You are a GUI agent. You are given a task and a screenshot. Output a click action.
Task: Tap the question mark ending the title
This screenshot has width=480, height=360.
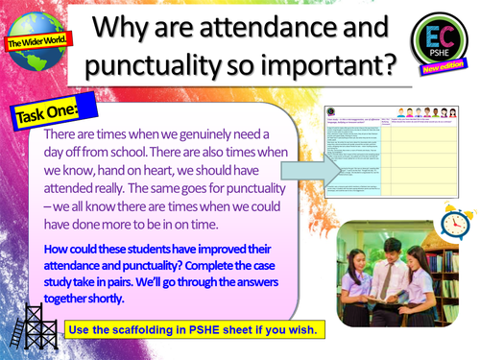[x=388, y=66]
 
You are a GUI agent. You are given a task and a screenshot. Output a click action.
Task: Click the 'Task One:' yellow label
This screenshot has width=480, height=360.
[x=44, y=112]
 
